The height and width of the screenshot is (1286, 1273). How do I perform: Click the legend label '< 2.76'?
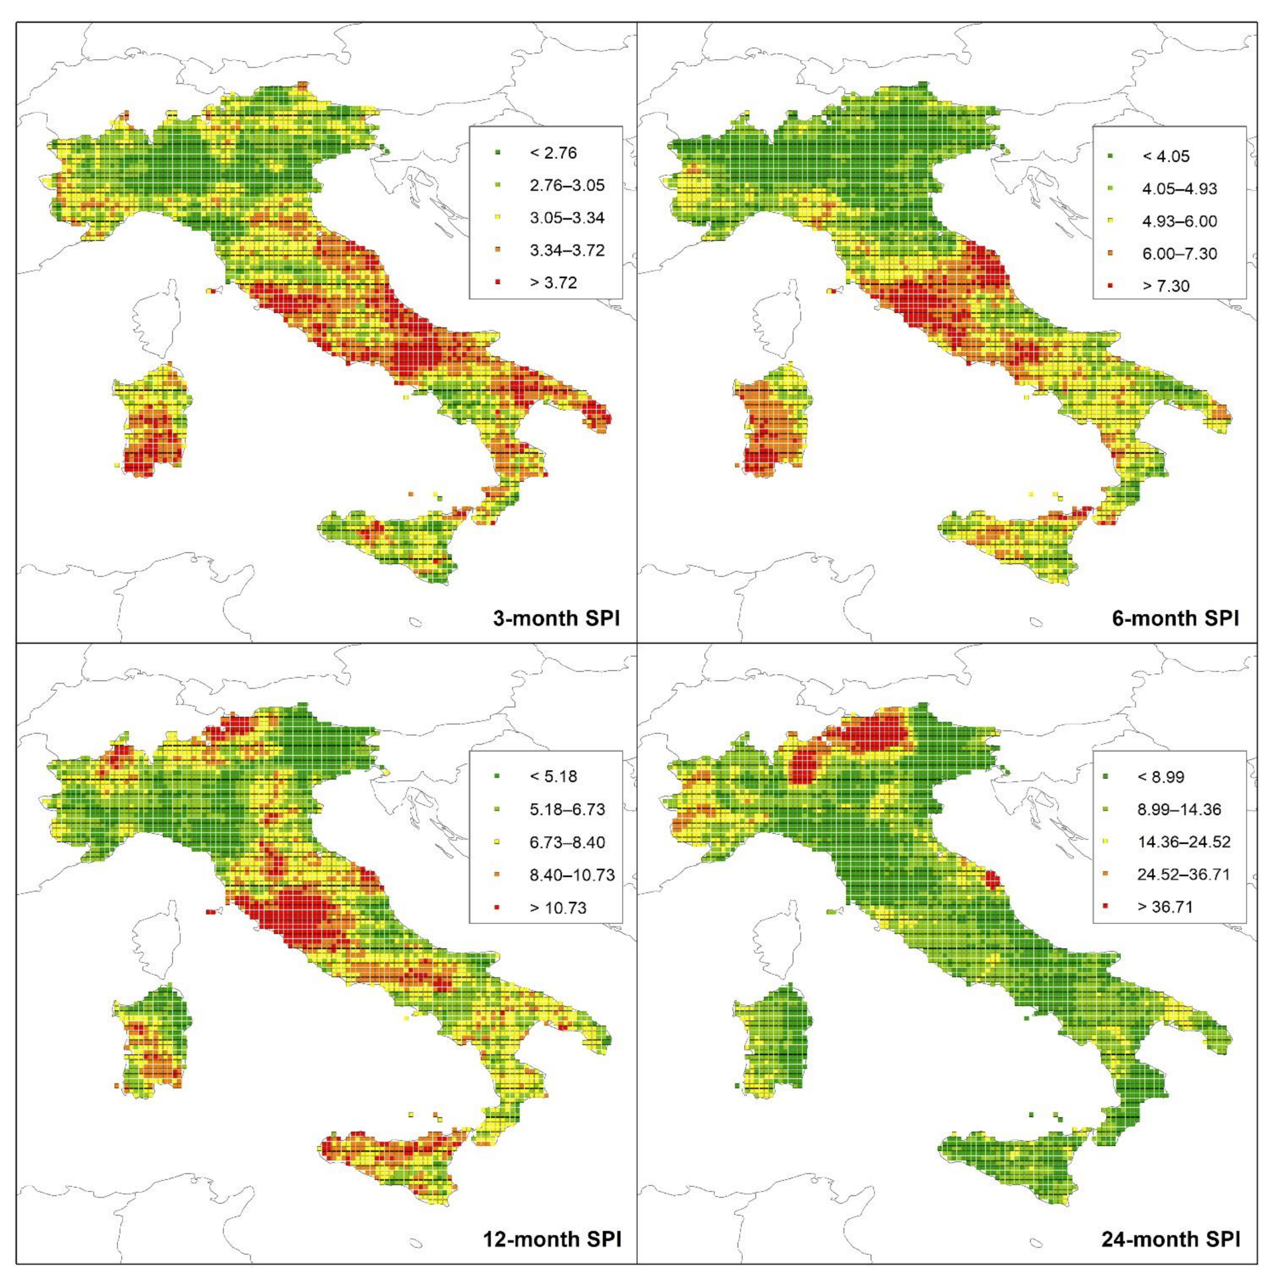(553, 153)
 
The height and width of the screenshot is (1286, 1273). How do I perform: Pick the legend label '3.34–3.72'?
(567, 250)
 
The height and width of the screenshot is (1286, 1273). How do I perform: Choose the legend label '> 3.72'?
(553, 283)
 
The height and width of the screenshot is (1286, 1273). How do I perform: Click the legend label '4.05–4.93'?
(1179, 189)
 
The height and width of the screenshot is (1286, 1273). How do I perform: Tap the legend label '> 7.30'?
(1165, 286)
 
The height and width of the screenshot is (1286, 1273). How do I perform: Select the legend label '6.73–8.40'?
(567, 843)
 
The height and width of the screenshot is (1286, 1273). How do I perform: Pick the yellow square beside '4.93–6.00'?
(1110, 222)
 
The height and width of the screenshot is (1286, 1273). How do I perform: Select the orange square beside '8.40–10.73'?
(498, 875)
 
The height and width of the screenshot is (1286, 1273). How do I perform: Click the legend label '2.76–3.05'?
(567, 186)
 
